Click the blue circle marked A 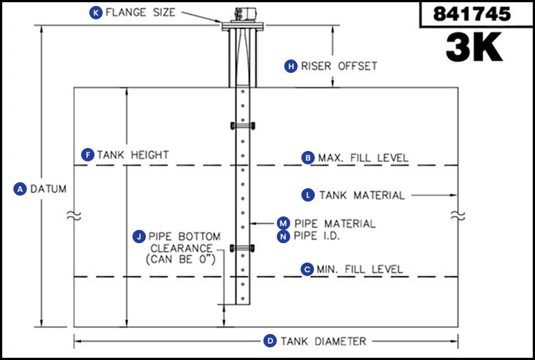pos(20,189)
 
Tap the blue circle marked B pos(307,158)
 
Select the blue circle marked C pos(307,269)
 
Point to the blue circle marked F pos(88,155)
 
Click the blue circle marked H pos(291,65)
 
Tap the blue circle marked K pos(95,13)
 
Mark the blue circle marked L pos(308,195)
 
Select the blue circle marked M pos(283,222)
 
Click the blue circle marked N pos(283,236)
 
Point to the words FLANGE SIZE pos(141,13)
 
